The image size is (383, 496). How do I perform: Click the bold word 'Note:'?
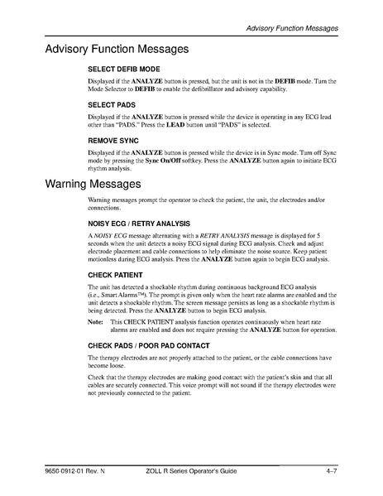click(x=96, y=320)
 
